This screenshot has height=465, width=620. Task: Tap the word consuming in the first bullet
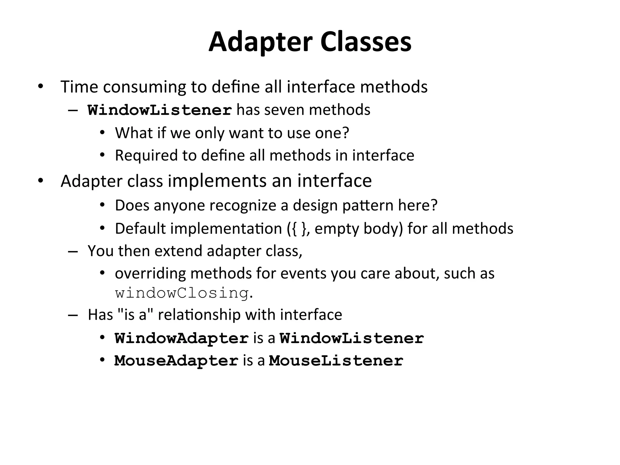coord(144,87)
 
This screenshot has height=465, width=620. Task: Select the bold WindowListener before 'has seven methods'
coord(160,110)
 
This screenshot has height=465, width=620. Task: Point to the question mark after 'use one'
coord(346,133)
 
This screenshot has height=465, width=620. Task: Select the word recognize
coord(243,205)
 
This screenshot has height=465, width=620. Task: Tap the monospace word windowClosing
coord(182,293)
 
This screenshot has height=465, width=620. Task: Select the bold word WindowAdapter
coord(182,338)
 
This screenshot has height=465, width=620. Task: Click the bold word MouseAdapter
coord(176,361)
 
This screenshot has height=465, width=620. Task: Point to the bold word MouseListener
coord(336,361)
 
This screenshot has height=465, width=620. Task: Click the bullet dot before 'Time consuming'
coord(41,87)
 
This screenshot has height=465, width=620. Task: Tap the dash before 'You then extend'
coord(73,252)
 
